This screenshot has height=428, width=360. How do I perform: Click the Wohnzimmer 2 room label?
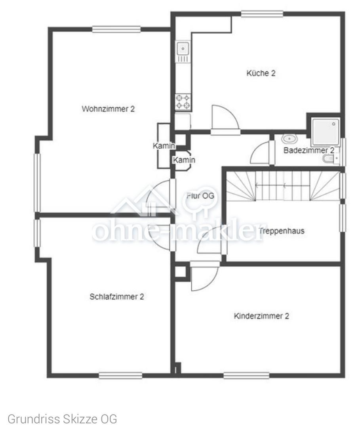click(108, 109)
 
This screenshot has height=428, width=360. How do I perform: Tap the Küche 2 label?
click(261, 73)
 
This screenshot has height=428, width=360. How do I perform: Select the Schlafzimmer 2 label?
click(117, 297)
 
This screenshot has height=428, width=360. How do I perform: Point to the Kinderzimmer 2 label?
click(261, 316)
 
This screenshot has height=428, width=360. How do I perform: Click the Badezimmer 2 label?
click(309, 151)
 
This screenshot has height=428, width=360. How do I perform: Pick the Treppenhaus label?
click(282, 231)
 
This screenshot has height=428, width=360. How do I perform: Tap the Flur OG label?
click(200, 196)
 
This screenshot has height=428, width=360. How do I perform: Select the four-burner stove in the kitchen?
click(183, 101)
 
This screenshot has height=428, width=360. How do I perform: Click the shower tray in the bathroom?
click(326, 132)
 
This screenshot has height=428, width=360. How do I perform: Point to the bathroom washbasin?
click(290, 139)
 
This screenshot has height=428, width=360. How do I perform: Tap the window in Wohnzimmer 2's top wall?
click(116, 29)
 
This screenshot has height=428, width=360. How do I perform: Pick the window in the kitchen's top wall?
click(262, 13)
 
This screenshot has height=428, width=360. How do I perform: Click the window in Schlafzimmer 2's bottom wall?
click(120, 376)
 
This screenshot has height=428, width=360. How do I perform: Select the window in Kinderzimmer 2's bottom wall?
click(247, 376)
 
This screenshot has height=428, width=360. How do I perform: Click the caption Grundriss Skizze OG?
click(62, 419)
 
